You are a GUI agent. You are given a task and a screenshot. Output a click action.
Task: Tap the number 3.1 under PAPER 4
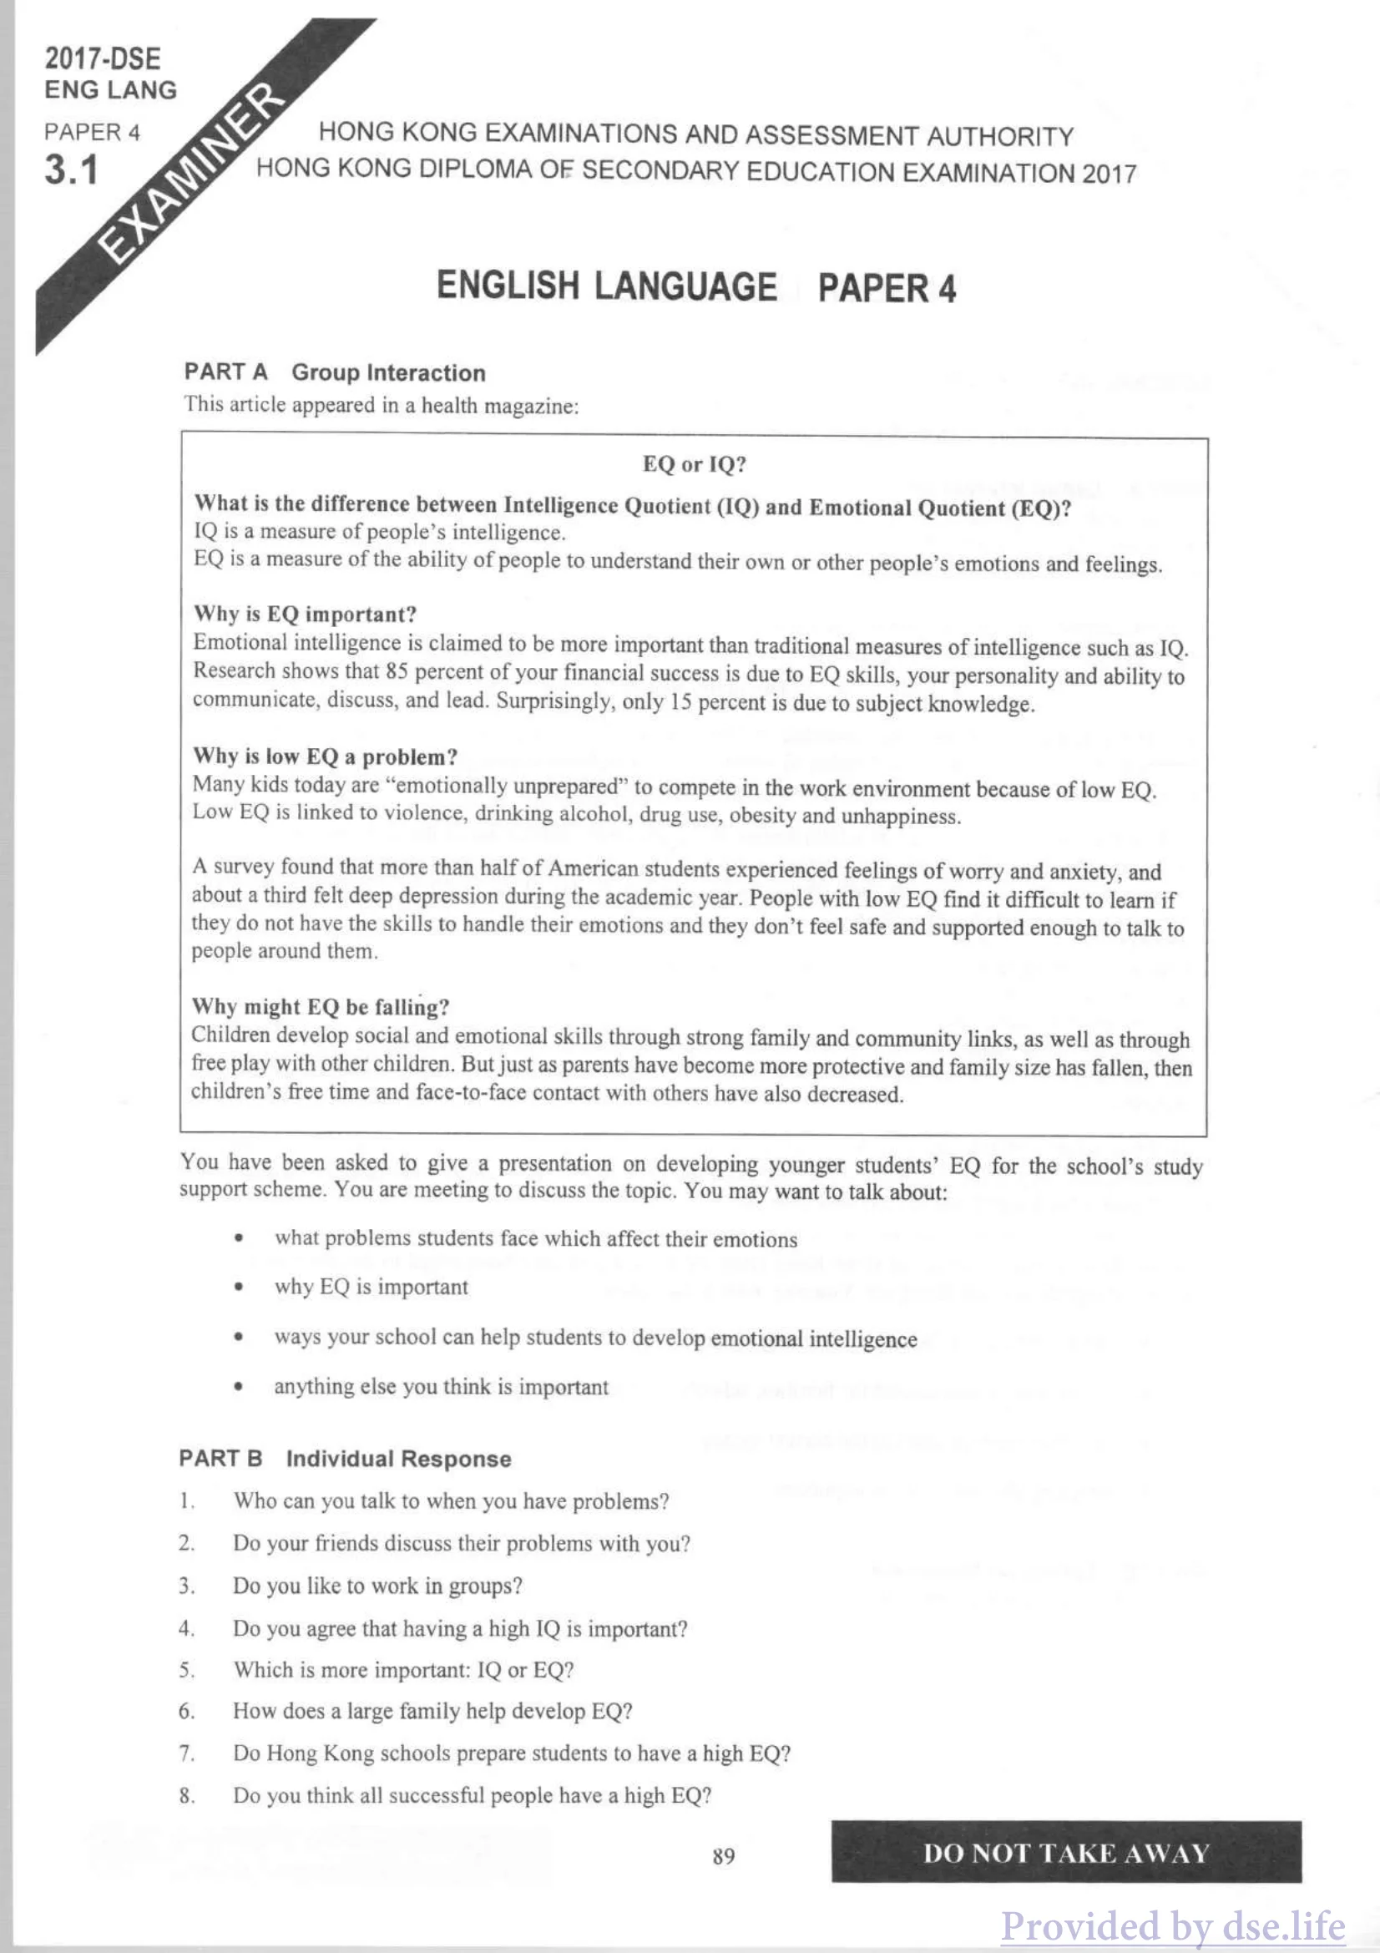pyautogui.click(x=72, y=170)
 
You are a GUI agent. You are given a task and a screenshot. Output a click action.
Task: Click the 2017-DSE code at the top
pyautogui.click(x=102, y=58)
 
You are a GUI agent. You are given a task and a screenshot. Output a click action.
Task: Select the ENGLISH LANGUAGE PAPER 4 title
pyautogui.click(x=695, y=286)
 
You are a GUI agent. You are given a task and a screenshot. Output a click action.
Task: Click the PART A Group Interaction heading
pyautogui.click(x=334, y=372)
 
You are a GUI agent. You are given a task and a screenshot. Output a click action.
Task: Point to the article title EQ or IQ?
pyautogui.click(x=694, y=464)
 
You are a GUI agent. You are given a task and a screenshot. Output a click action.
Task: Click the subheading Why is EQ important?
pyautogui.click(x=306, y=615)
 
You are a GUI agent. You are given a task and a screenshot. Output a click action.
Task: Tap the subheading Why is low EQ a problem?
pyautogui.click(x=325, y=756)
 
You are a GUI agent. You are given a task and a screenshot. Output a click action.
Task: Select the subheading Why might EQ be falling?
pyautogui.click(x=320, y=1007)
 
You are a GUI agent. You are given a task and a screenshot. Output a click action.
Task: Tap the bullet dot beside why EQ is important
pyautogui.click(x=240, y=1288)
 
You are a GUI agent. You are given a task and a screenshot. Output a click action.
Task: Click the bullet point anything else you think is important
pyautogui.click(x=441, y=1388)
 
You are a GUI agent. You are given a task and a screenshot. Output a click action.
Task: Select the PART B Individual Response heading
pyautogui.click(x=344, y=1459)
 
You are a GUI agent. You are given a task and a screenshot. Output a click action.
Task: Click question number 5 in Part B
pyautogui.click(x=186, y=1670)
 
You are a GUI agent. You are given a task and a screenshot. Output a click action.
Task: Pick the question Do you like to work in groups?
pyautogui.click(x=377, y=1586)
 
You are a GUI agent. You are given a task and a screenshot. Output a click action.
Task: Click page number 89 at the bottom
pyautogui.click(x=724, y=1856)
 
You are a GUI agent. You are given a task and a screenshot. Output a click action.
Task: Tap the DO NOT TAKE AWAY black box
pyautogui.click(x=1065, y=1854)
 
